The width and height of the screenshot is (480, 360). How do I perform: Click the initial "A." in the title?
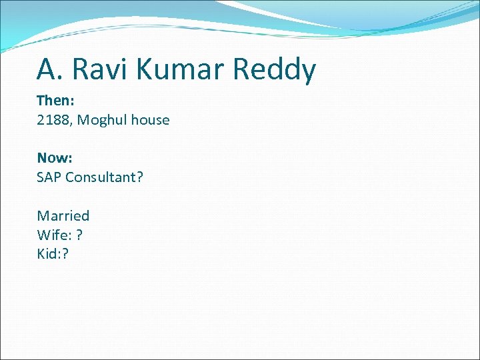coord(50,69)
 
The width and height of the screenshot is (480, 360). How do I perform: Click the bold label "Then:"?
coord(55,101)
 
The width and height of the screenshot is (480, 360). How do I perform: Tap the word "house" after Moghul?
coord(150,120)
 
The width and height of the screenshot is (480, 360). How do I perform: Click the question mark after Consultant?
coord(140,177)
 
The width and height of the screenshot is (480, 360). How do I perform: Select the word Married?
coord(63,215)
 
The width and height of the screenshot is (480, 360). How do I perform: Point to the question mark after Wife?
coord(80,235)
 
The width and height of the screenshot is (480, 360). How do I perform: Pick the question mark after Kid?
coord(66,253)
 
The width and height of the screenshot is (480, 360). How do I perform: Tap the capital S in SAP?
coord(41,177)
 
